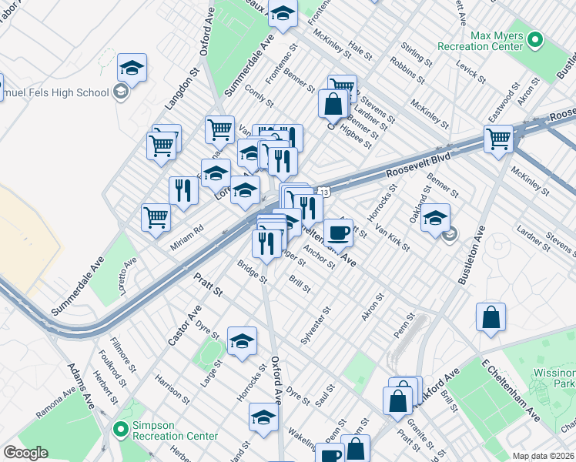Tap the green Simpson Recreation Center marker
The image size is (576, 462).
pos(120,429)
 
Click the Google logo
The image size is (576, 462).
pos(25,453)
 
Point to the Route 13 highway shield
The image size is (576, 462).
pos(325,192)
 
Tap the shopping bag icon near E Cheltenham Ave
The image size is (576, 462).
pos(491,317)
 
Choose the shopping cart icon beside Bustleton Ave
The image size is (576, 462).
pos(498,139)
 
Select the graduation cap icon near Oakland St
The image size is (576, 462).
pos(435,217)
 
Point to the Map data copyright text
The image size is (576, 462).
pos(542,456)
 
